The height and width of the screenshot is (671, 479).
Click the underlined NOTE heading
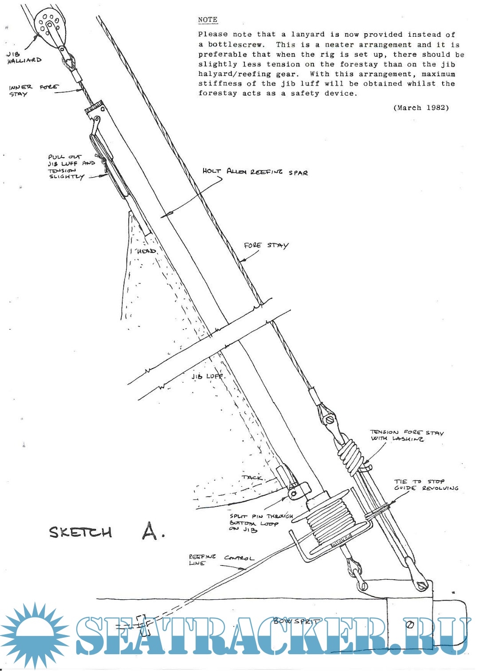208,19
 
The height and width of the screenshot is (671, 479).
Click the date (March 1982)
421,108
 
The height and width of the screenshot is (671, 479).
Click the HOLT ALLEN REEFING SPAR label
255,172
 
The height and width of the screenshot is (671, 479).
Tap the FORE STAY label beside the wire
266,245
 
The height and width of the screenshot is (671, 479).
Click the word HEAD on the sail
146,251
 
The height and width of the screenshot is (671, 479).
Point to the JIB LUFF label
208,376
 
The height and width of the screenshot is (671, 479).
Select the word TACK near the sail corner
252,477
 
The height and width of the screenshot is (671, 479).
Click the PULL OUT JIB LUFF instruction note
71,167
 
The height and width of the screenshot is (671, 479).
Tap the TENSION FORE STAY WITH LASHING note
407,435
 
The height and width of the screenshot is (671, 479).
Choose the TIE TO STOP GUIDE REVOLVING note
426,485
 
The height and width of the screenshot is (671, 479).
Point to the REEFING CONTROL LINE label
220,560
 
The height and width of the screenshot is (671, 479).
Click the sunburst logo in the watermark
35,635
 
